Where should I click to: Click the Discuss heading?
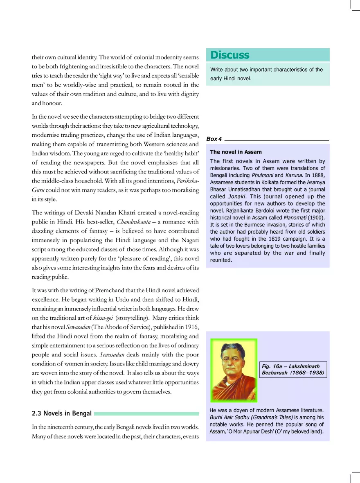[x=229, y=55]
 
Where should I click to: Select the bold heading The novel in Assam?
[x=236, y=152]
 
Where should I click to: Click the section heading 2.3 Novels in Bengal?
[x=61, y=413]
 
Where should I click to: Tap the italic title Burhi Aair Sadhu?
[x=229, y=417]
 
